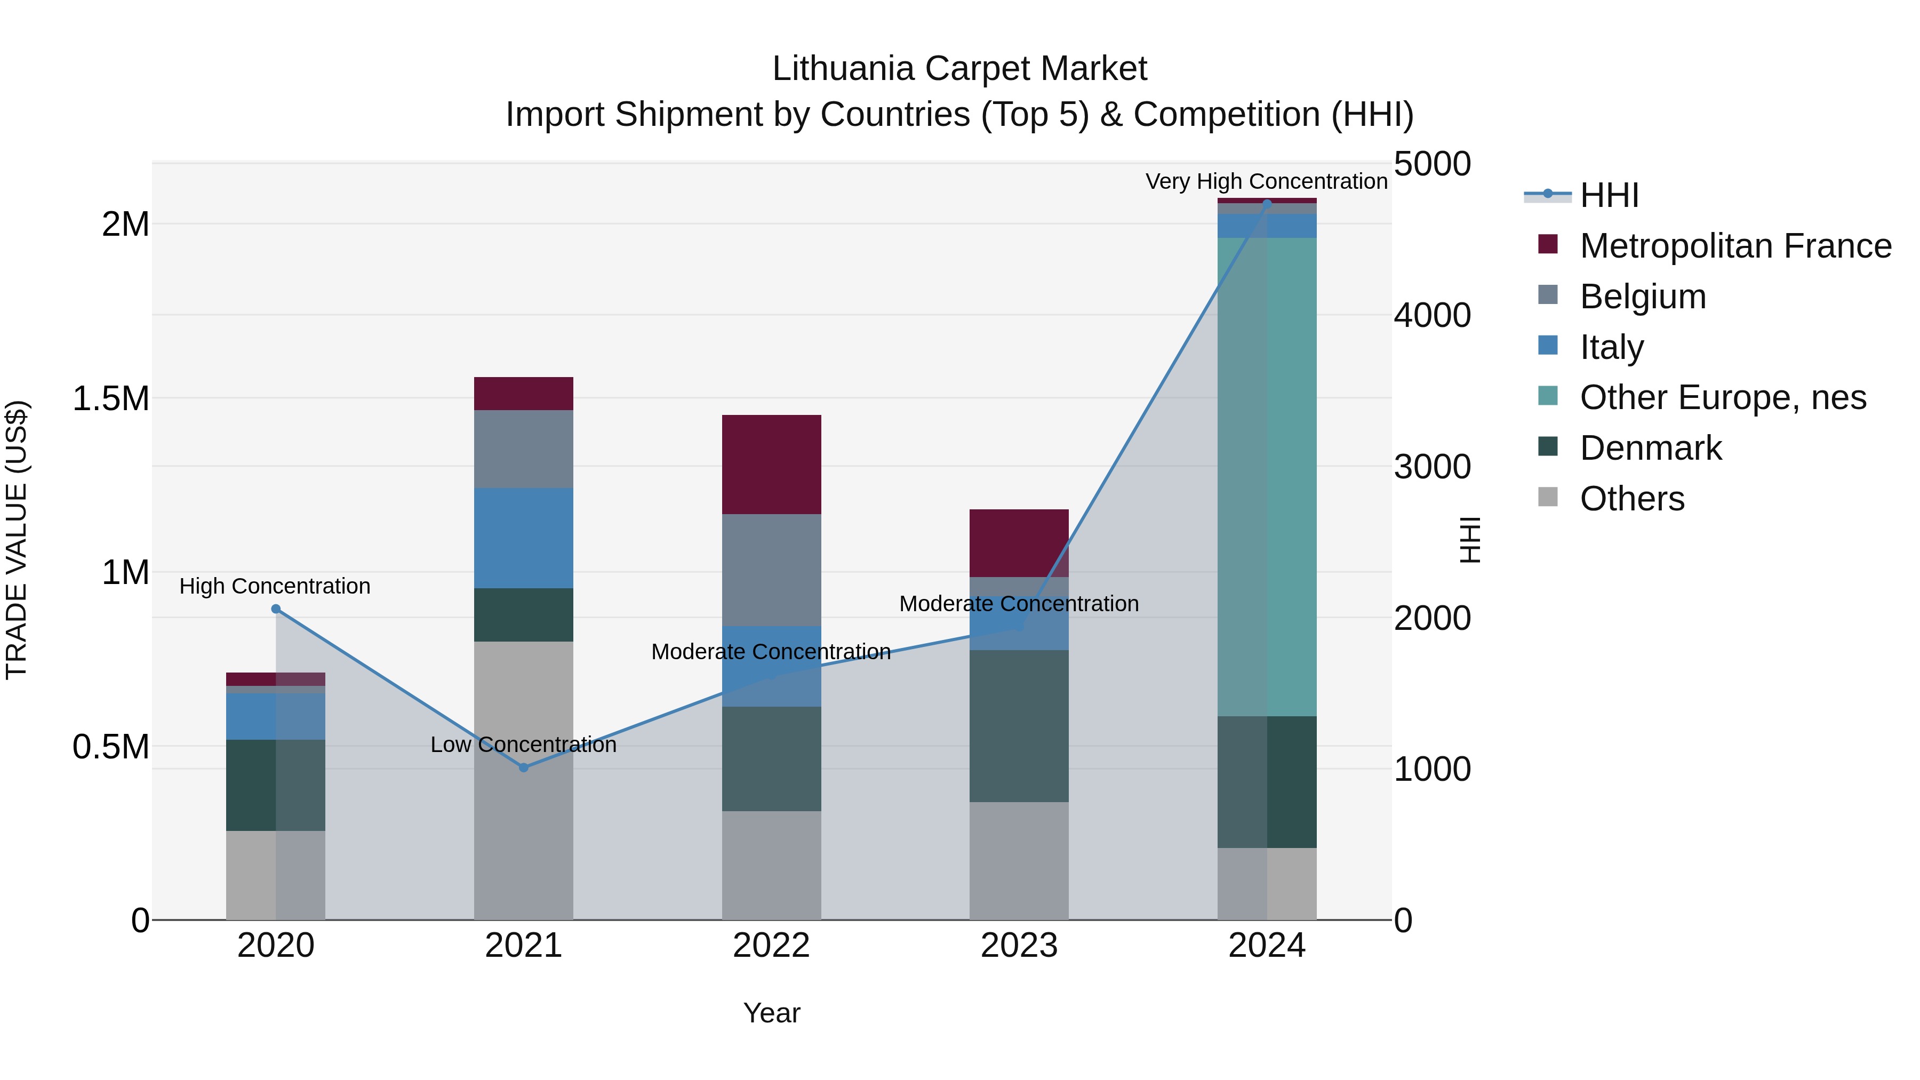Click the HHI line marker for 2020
[x=276, y=609]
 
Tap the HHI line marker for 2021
[x=523, y=767]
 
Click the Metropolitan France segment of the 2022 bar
[x=771, y=465]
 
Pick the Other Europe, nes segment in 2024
[x=1267, y=477]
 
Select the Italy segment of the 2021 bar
[x=523, y=538]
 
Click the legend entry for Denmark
[x=1650, y=448]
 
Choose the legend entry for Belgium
[x=1642, y=297]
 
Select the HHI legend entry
[x=1609, y=195]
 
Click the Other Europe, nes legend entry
[x=1723, y=397]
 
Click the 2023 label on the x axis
[x=1019, y=946]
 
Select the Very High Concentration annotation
[x=1266, y=181]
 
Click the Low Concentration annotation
[x=523, y=745]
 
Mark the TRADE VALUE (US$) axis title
[x=17, y=540]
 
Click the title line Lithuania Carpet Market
[x=959, y=69]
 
